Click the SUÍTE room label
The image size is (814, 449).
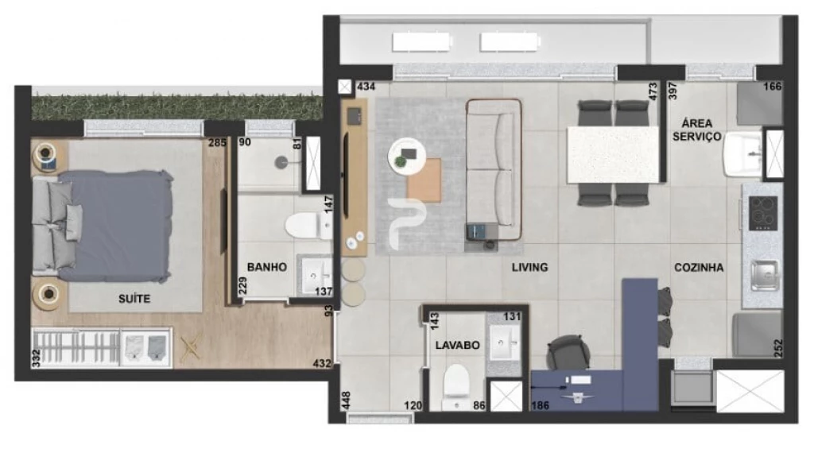[134, 299]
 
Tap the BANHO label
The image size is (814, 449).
[267, 267]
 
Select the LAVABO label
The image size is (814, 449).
[457, 345]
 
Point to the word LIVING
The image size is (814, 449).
[529, 267]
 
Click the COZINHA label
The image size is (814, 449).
[699, 267]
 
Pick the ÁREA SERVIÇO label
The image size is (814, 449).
[696, 130]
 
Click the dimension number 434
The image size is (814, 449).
[366, 87]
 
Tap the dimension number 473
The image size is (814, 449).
[653, 91]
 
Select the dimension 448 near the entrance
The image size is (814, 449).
[347, 401]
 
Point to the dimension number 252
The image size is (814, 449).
[777, 348]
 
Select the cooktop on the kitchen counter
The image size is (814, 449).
[762, 213]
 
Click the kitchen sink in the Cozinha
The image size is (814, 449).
[765, 275]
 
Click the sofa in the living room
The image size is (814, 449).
[494, 169]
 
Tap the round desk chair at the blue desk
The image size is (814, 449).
[568, 353]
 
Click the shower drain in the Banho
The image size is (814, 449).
[281, 162]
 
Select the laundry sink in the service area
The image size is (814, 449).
[743, 154]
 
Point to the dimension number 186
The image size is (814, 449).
[541, 405]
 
